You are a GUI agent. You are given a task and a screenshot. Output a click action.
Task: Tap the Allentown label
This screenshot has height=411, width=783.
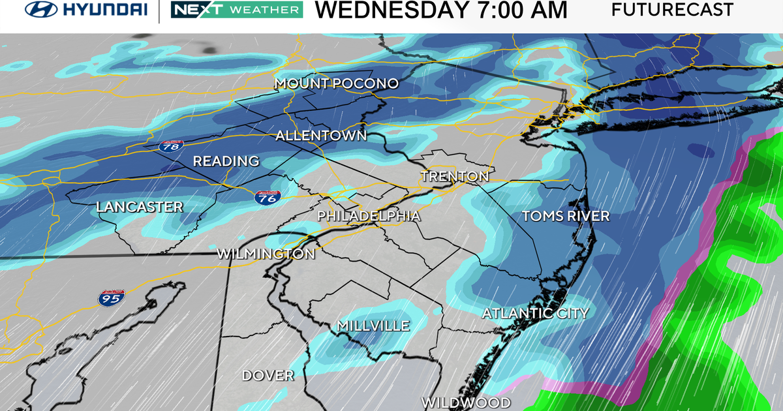tap(321, 136)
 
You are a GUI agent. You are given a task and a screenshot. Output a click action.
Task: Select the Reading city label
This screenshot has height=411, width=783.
tap(226, 161)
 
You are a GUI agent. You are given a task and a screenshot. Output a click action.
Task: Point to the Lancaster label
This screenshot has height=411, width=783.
tap(139, 207)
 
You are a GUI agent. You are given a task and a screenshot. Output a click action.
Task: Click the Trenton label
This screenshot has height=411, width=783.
tap(455, 176)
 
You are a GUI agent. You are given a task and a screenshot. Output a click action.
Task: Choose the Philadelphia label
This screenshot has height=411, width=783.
tap(369, 215)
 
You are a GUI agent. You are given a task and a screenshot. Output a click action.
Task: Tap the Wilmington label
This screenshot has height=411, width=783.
tap(266, 253)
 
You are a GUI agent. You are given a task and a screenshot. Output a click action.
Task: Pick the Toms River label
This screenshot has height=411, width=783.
tap(566, 216)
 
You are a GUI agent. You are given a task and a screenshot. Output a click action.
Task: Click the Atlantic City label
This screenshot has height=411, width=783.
tap(535, 313)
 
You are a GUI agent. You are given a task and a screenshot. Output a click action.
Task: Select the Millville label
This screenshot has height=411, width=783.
tap(373, 326)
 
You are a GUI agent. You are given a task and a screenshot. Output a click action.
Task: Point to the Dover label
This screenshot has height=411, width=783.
tap(268, 376)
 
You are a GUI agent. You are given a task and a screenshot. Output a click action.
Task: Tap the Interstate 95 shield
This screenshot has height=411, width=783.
tap(108, 298)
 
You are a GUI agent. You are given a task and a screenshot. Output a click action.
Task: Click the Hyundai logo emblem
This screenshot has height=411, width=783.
tap(39, 10)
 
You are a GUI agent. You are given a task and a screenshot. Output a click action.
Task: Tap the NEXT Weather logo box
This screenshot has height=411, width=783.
tap(236, 10)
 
